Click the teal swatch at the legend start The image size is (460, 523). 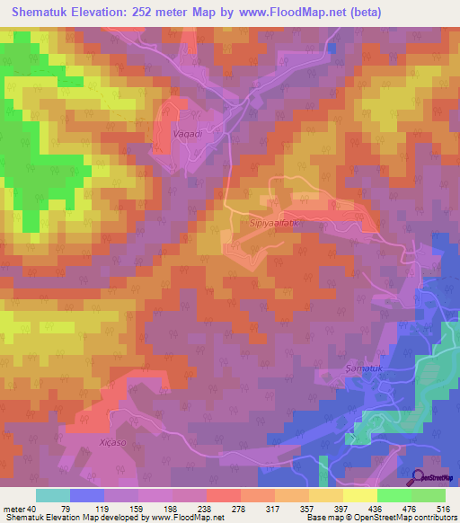(x=53, y=495)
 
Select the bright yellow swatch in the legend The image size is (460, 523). (x=359, y=495)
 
